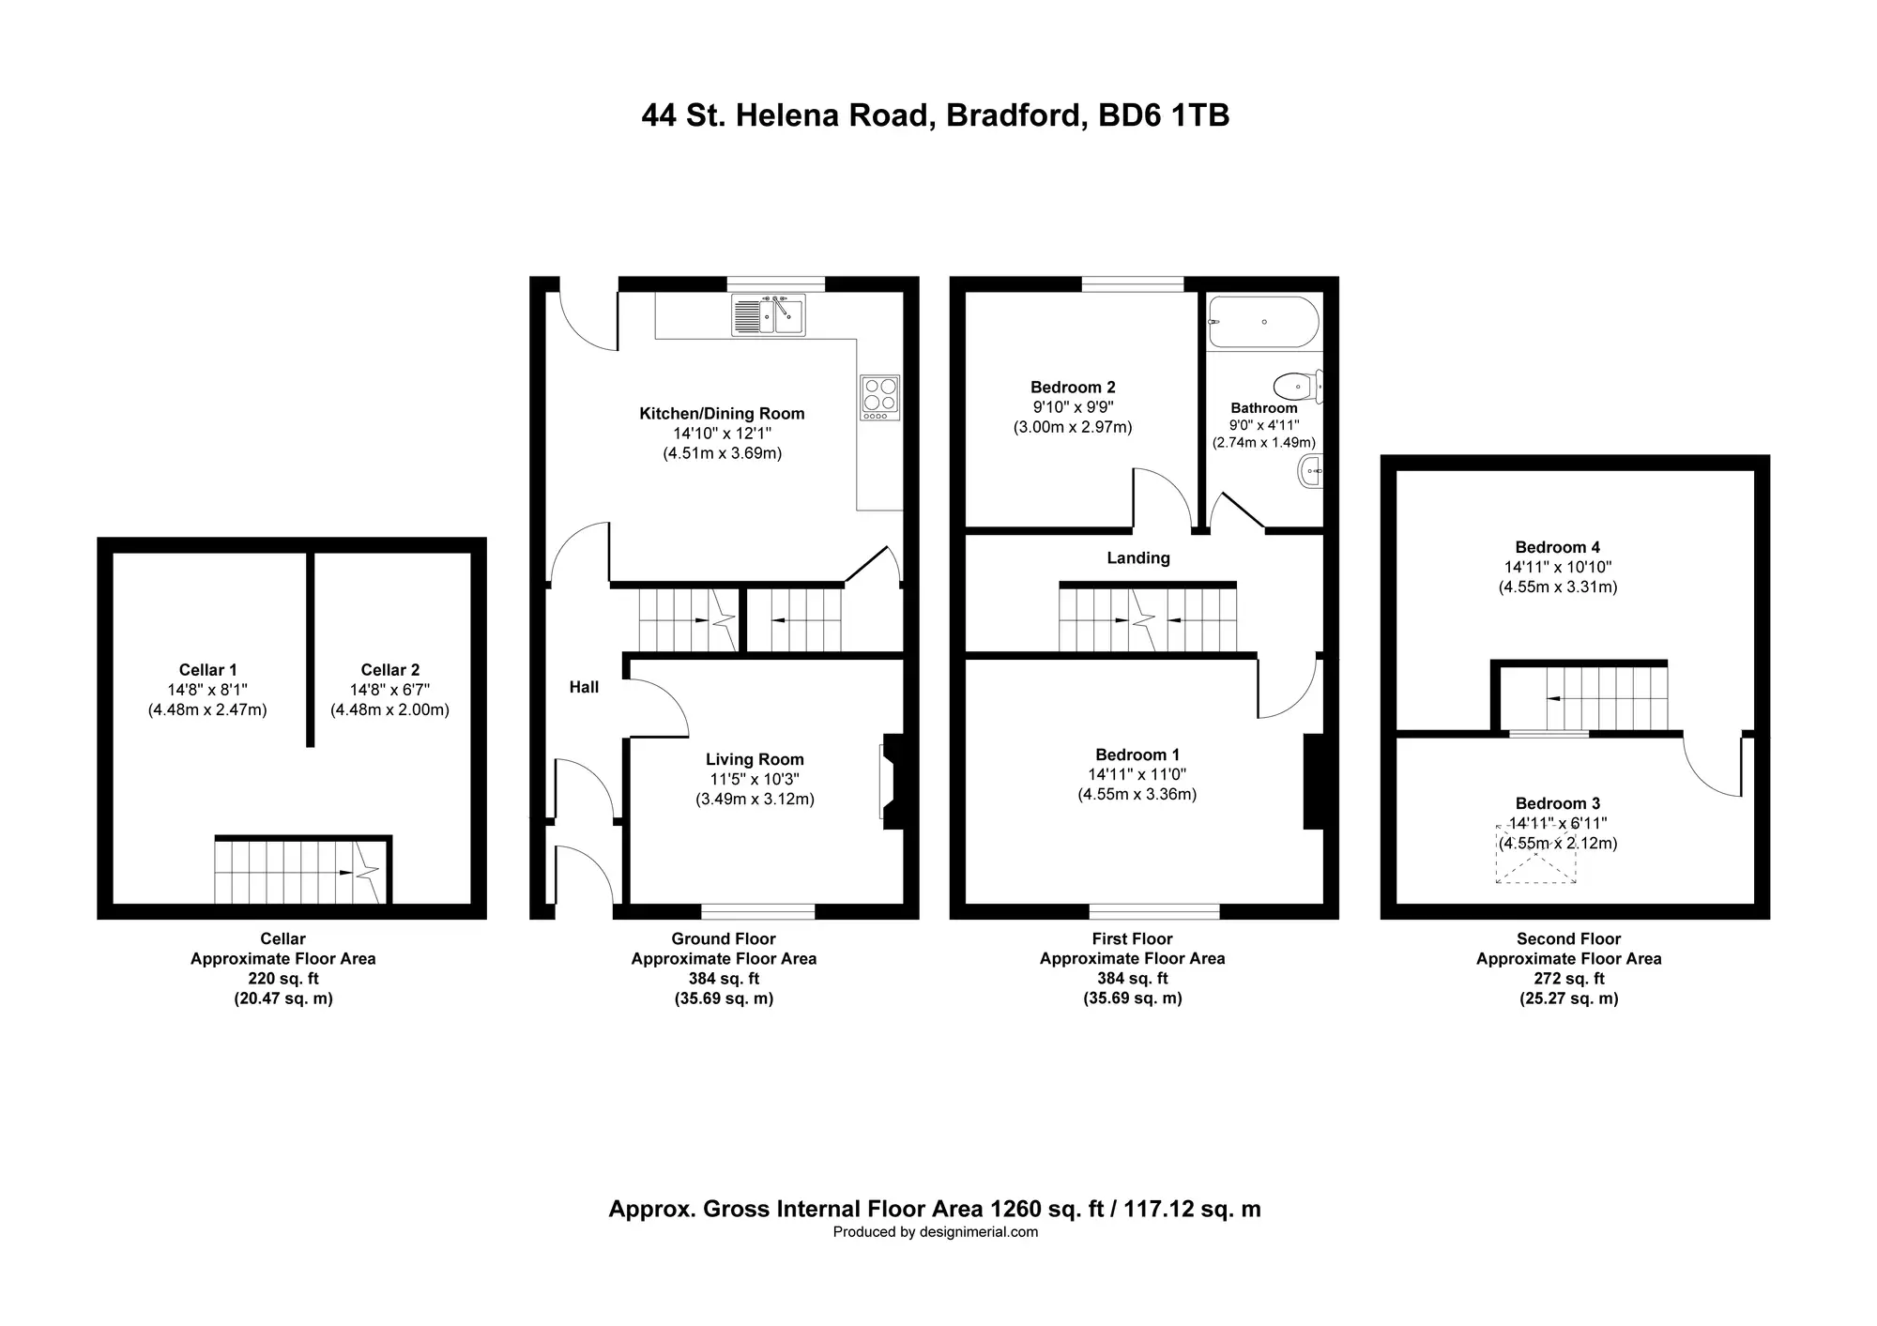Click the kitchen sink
(x=768, y=314)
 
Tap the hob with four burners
(x=879, y=397)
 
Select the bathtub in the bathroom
(x=1264, y=322)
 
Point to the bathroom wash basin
(x=1310, y=470)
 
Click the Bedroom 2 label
(x=1073, y=387)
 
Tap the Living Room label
(x=755, y=759)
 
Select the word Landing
(x=1138, y=557)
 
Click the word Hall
(x=584, y=687)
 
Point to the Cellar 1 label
(x=208, y=669)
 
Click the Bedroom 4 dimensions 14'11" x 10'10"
(x=1558, y=567)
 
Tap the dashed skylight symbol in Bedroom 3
(x=1535, y=854)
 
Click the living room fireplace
(x=891, y=781)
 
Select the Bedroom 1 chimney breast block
(x=1314, y=781)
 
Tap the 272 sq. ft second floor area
(x=1569, y=978)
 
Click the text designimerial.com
(x=978, y=1232)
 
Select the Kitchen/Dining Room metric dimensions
(x=722, y=453)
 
